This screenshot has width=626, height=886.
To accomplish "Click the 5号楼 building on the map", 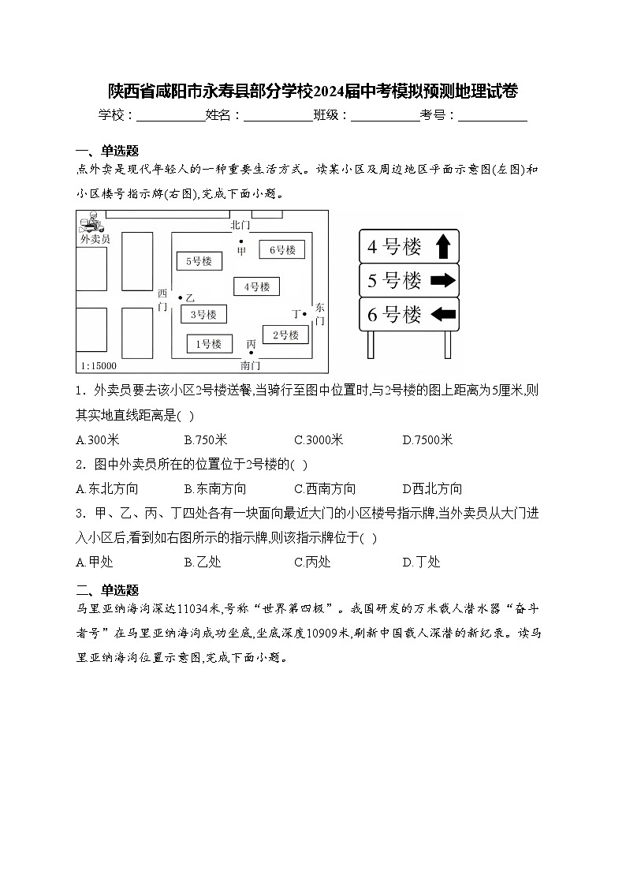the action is click(199, 260).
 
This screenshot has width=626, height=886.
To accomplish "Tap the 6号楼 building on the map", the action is click(281, 250).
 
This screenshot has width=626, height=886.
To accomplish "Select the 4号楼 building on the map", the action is click(256, 286).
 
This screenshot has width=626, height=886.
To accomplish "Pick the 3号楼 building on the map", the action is click(203, 314).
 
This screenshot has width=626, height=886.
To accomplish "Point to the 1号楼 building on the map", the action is click(209, 343).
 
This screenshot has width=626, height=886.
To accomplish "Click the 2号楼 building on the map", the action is click(285, 335).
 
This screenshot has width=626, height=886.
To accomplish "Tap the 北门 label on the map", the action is click(240, 226).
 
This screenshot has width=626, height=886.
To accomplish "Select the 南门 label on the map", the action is click(251, 365).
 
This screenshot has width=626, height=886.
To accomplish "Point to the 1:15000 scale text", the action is click(98, 365).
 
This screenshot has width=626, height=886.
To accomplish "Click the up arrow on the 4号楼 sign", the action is click(442, 247).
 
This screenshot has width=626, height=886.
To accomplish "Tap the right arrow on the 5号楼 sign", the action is click(444, 280).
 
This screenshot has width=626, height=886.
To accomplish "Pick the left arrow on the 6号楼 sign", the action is click(444, 314).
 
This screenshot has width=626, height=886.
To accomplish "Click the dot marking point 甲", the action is click(241, 241).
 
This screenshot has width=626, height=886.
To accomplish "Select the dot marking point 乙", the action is click(181, 297).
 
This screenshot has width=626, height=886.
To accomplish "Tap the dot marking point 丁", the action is click(305, 314).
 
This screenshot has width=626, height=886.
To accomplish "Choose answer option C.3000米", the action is click(319, 440).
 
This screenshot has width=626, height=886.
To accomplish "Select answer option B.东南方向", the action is click(215, 488).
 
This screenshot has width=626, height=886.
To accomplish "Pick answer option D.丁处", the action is click(421, 562).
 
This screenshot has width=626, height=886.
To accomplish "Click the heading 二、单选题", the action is click(107, 589).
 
